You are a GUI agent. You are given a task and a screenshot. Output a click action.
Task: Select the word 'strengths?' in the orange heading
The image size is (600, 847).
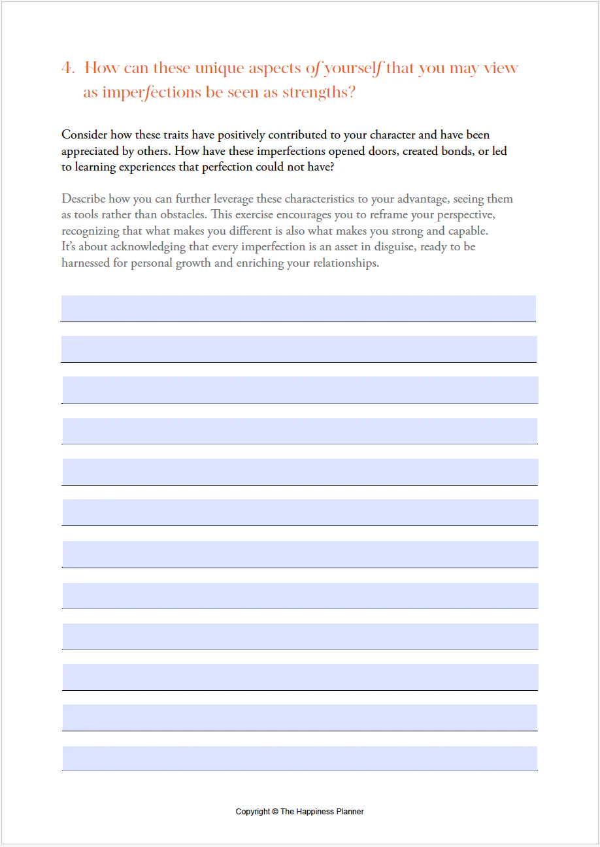(x=318, y=93)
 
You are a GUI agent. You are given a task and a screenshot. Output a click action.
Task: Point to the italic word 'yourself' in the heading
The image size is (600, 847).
(x=354, y=69)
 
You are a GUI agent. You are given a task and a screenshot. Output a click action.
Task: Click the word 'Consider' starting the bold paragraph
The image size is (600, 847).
(x=84, y=135)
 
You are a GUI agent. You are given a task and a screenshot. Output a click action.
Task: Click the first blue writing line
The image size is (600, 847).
(x=299, y=308)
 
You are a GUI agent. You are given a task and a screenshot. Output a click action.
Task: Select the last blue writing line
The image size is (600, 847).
(x=299, y=759)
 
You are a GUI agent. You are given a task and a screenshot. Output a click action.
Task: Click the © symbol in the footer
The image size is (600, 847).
(x=275, y=812)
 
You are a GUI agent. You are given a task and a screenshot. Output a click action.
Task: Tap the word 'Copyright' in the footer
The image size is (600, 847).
(x=253, y=812)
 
